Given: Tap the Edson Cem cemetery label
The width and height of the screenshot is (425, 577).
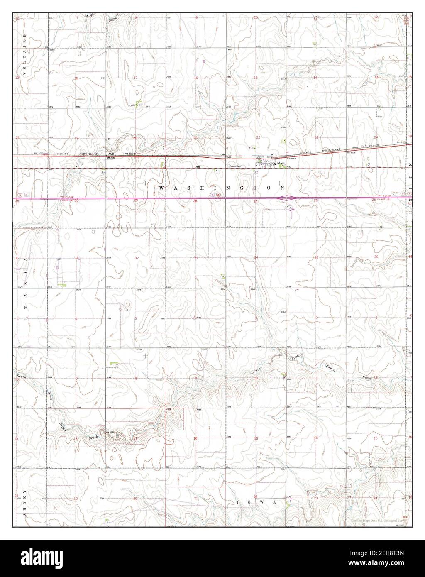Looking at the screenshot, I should [x=234, y=166].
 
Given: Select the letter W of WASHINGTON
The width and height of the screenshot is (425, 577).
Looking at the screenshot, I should [x=161, y=188].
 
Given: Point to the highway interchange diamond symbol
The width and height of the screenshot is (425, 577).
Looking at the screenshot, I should [x=289, y=198].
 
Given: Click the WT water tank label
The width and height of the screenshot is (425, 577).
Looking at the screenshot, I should [x=273, y=154].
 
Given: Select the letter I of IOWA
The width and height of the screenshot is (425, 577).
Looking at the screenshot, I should [x=238, y=502].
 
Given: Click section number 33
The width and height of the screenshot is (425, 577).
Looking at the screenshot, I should [x=195, y=258].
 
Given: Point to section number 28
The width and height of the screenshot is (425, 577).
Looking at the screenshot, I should [x=195, y=201].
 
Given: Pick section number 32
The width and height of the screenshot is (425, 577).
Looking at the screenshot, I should [x=136, y=258].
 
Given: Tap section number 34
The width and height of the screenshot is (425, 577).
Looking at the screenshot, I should [x=256, y=258].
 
